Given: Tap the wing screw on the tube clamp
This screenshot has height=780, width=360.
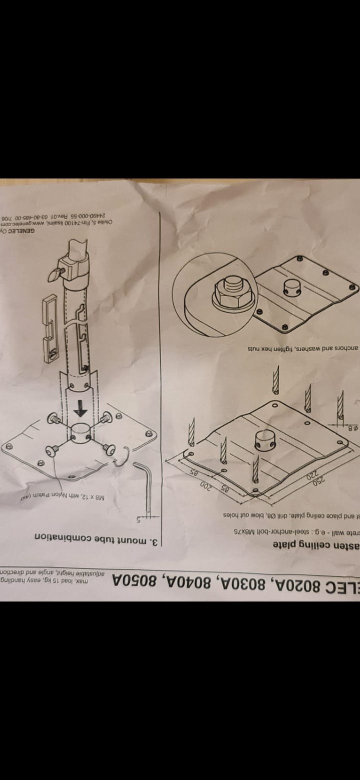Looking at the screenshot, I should (56, 272).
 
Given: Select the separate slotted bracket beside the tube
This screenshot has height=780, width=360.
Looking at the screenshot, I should (51, 325).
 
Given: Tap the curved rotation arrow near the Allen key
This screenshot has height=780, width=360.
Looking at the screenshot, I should (122, 458).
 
